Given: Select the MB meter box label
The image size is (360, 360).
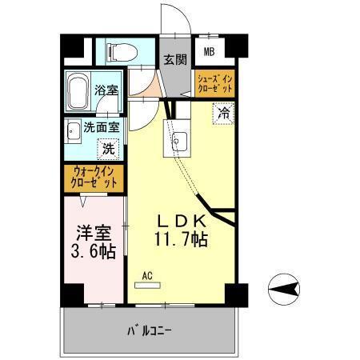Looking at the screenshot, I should coord(208,53).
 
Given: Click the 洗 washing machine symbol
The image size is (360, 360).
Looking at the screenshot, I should coord(107,148).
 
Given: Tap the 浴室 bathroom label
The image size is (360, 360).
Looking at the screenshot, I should coord(104,90).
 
